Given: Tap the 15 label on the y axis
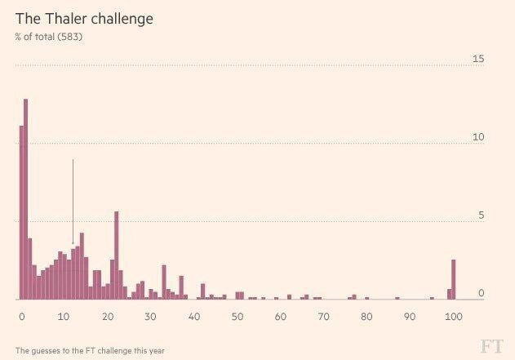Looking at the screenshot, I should [478, 59].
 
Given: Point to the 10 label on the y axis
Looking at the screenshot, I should [478, 137].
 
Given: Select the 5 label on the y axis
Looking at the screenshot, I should [481, 216].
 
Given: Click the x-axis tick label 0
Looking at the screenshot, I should [21, 317].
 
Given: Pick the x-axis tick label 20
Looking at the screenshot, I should [108, 317].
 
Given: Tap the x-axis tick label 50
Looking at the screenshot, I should [238, 317].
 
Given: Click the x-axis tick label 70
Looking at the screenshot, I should [324, 317].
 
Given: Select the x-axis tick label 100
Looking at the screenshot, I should [453, 317].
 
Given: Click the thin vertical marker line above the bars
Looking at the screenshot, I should [73, 200].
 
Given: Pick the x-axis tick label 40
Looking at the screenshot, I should [194, 317].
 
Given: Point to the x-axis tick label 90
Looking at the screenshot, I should [411, 317].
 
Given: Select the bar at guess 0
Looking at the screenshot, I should [21, 212].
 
